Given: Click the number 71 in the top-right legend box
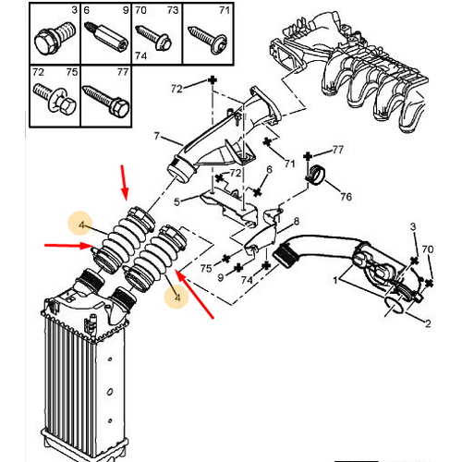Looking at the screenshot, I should (x=221, y=11).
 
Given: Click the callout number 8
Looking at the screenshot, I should (x=296, y=222).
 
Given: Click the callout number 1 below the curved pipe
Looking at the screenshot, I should (x=334, y=280).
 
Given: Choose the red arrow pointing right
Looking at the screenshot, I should (x=70, y=246).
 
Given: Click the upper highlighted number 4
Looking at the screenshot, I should (x=82, y=225).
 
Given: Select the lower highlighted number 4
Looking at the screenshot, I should (x=174, y=298).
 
